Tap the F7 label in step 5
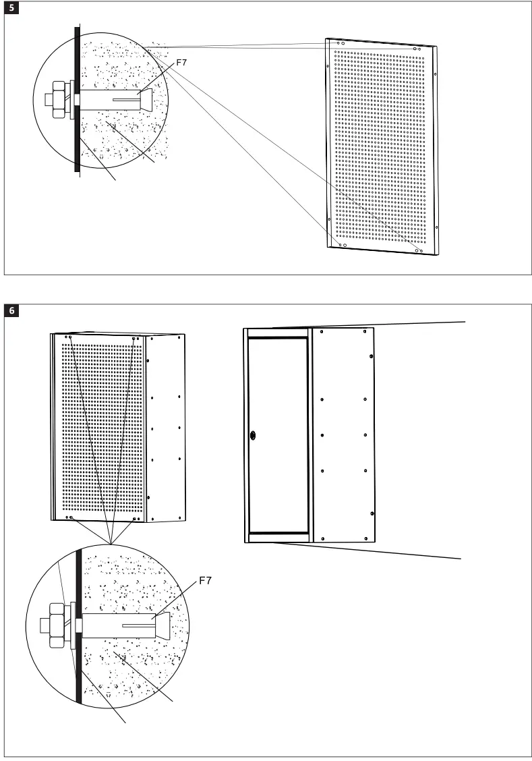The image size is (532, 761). (x=181, y=63)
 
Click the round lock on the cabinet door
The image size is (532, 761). (x=253, y=435)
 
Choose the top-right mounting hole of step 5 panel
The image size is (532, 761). (x=415, y=49)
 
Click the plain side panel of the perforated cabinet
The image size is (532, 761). (x=165, y=428)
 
